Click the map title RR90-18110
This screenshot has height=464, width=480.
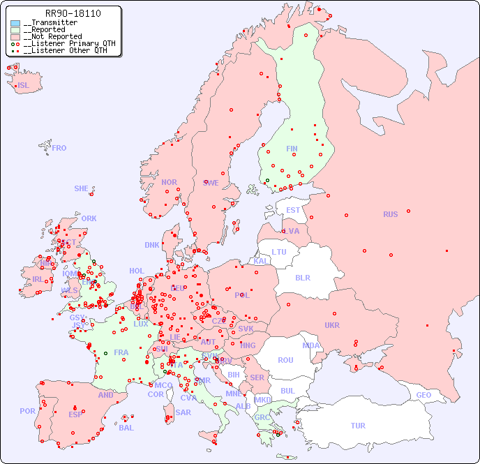pyautogui.click(x=73, y=13)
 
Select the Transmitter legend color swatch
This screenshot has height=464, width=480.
pyautogui.click(x=15, y=23)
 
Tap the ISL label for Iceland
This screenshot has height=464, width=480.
pyautogui.click(x=24, y=86)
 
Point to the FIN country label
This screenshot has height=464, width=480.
pyautogui.click(x=292, y=149)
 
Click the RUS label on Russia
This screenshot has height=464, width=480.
pyautogui.click(x=390, y=214)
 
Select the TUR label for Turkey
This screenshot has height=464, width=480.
pyautogui.click(x=358, y=426)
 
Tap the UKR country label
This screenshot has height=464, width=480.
pyautogui.click(x=332, y=325)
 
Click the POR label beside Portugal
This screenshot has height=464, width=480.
pyautogui.click(x=27, y=411)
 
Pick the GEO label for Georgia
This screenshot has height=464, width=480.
pyautogui.click(x=423, y=395)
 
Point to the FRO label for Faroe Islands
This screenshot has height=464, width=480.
pyautogui.click(x=59, y=148)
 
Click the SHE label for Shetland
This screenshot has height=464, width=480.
pyautogui.click(x=82, y=188)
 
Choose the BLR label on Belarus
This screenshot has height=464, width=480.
pyautogui.click(x=302, y=277)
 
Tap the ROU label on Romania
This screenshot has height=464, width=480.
pyautogui.click(x=285, y=360)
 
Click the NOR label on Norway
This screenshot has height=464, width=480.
pyautogui.click(x=169, y=182)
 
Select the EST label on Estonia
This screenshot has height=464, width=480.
pyautogui.click(x=293, y=210)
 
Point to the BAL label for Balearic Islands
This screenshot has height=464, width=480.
pyautogui.click(x=126, y=428)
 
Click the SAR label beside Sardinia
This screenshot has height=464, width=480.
pyautogui.click(x=183, y=412)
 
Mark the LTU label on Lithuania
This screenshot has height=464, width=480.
pyautogui.click(x=279, y=252)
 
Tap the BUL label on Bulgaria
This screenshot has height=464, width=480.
pyautogui.click(x=287, y=391)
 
